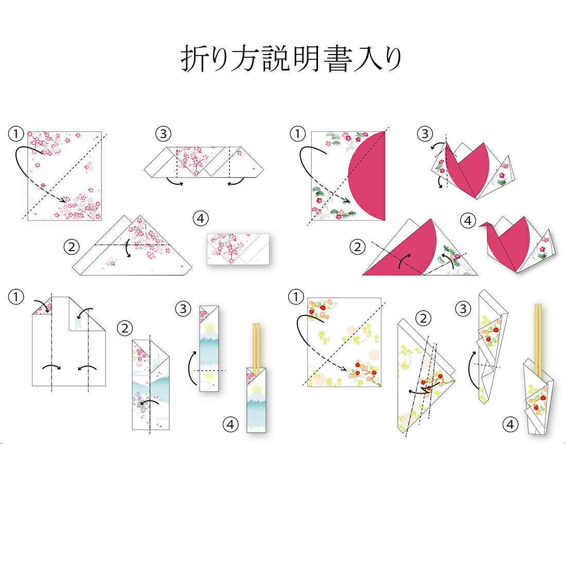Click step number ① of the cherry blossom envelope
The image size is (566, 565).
click(x=16, y=134)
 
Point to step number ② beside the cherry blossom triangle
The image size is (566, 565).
click(x=71, y=247)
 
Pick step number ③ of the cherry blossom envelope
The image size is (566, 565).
click(x=163, y=134)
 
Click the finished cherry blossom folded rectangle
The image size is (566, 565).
click(x=238, y=249)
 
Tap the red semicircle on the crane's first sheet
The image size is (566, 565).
click(x=367, y=176)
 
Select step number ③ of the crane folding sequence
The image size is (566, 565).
click(x=425, y=134)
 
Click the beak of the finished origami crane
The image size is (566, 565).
click(x=481, y=225)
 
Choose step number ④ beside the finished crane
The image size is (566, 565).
click(x=468, y=220)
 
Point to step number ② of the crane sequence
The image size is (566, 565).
click(x=358, y=247)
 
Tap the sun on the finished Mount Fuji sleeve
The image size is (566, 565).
click(x=256, y=389)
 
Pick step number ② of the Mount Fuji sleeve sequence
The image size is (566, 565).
click(x=125, y=328)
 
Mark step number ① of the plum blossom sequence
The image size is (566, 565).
click(x=296, y=297)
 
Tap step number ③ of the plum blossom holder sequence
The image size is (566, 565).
click(x=463, y=309)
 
